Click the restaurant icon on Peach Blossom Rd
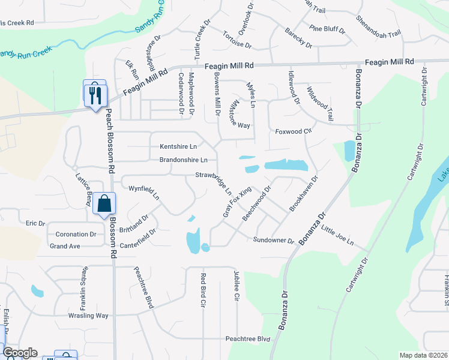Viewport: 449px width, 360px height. point(95,94)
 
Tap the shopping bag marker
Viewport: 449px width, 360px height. point(104,203)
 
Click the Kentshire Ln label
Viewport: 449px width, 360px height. point(178,146)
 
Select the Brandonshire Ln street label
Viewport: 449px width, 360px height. point(184,160)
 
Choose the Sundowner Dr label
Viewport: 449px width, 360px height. point(274,241)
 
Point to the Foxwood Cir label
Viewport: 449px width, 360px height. point(294,131)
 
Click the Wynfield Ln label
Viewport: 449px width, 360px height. point(144,193)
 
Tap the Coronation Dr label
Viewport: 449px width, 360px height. point(76,235)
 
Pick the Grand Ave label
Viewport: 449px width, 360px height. point(65,246)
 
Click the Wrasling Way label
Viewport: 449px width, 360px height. point(88,316)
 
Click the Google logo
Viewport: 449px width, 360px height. point(20,353)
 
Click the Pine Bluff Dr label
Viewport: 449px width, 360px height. point(328,29)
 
